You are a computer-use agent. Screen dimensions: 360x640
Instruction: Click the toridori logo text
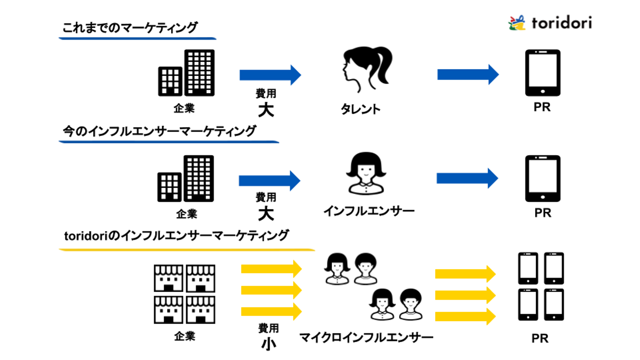click(x=561, y=23)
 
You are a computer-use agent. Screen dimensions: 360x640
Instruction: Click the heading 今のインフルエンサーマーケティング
click(x=159, y=131)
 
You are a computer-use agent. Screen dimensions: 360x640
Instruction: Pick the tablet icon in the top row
click(x=543, y=72)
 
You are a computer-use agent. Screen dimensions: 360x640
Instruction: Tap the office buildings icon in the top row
click(x=186, y=72)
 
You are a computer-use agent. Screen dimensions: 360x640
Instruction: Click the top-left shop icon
click(x=168, y=278)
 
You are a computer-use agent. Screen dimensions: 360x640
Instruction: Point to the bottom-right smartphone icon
click(x=554, y=305)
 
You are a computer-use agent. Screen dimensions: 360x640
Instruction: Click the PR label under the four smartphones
click(x=540, y=338)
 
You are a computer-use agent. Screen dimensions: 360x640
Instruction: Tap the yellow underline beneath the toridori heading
click(x=187, y=250)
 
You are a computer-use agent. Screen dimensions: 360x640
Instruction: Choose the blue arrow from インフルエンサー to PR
click(x=467, y=179)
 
